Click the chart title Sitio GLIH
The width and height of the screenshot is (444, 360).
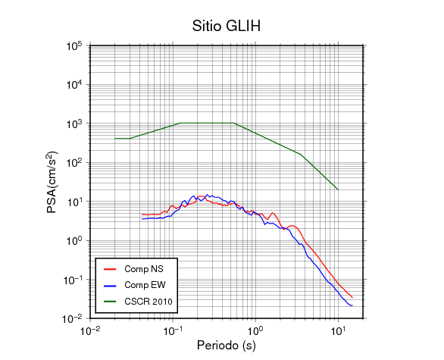[x=227, y=26]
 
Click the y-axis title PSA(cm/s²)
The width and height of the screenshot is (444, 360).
[x=52, y=182]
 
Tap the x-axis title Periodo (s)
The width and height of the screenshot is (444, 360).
[x=227, y=346]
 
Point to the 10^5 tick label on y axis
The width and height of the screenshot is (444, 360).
[x=74, y=46]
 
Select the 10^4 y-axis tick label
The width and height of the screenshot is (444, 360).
[x=74, y=85]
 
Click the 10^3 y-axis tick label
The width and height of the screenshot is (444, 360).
[x=74, y=124]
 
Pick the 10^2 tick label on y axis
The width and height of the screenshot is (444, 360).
[x=74, y=163]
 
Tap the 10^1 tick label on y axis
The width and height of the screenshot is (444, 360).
[x=74, y=202]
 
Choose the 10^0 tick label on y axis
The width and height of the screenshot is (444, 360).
[x=74, y=241]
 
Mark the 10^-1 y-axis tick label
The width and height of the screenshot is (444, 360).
[x=72, y=280]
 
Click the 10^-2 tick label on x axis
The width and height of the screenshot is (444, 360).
[x=90, y=330]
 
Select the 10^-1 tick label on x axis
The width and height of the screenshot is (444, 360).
[x=173, y=330]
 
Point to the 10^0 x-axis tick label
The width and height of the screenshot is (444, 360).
[x=255, y=330]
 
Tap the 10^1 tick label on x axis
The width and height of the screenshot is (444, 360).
[x=338, y=330]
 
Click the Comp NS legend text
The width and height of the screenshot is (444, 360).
[x=144, y=269]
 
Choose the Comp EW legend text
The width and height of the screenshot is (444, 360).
[x=145, y=285]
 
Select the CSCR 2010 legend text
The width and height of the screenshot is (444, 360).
[x=149, y=302]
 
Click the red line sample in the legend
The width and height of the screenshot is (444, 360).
[x=110, y=269]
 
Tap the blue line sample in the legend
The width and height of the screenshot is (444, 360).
[x=110, y=286]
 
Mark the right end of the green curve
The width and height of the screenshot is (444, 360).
[x=338, y=189]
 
